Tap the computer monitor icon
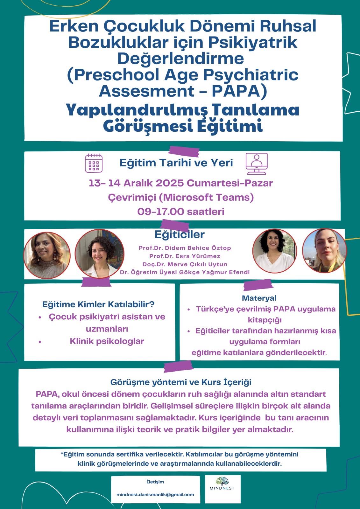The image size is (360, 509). (257, 163)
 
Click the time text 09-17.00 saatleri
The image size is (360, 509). (181, 212)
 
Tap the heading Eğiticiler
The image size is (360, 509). (180, 235)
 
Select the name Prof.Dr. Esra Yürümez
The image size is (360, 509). (185, 256)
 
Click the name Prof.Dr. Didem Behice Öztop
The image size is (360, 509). (185, 248)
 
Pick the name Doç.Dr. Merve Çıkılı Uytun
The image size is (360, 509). (185, 264)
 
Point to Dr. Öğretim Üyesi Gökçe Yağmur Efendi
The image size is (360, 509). (185, 272)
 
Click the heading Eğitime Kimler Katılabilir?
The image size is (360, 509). (98, 304)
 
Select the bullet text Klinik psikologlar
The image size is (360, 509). (107, 341)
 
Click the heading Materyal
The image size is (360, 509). (259, 298)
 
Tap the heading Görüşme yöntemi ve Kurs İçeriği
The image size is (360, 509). (181, 382)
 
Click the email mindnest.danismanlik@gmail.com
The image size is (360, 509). (155, 494)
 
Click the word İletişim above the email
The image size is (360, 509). (155, 482)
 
